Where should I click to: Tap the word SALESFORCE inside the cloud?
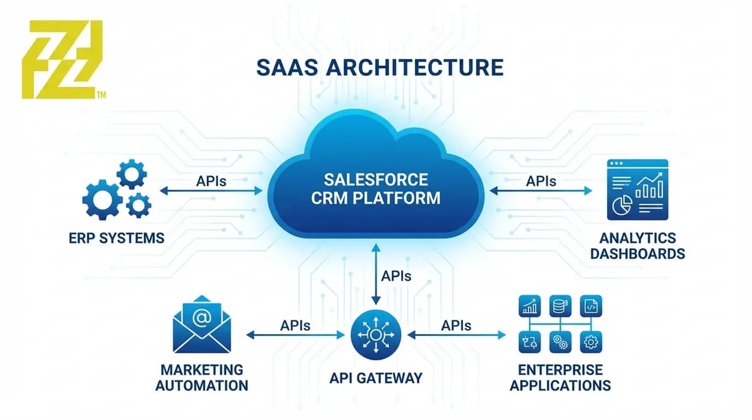pyautogui.click(x=376, y=180)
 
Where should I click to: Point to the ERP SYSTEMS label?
pyautogui.click(x=117, y=238)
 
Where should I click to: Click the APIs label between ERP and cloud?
pyautogui.click(x=211, y=181)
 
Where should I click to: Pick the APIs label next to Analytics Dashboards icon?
pyautogui.click(x=540, y=181)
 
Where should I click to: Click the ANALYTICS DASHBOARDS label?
pyautogui.click(x=637, y=246)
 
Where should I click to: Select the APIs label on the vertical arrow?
pyautogui.click(x=396, y=275)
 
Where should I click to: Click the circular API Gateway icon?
pyautogui.click(x=375, y=335)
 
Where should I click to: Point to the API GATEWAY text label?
pyautogui.click(x=375, y=378)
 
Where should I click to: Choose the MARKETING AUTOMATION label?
pyautogui.click(x=201, y=377)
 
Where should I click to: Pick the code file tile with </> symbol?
pyautogui.click(x=590, y=307)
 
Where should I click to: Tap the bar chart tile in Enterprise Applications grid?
pyautogui.click(x=530, y=307)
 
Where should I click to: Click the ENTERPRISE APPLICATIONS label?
pyautogui.click(x=560, y=377)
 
